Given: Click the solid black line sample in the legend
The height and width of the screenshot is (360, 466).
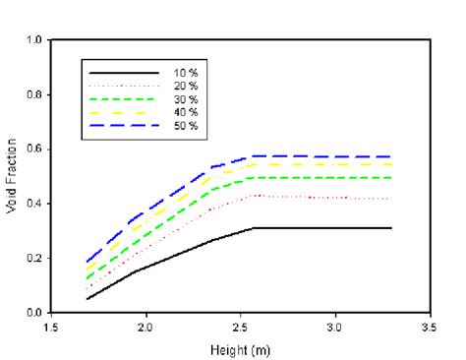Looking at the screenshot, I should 124,74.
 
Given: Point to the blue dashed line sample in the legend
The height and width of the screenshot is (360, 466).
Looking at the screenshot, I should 124,127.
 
